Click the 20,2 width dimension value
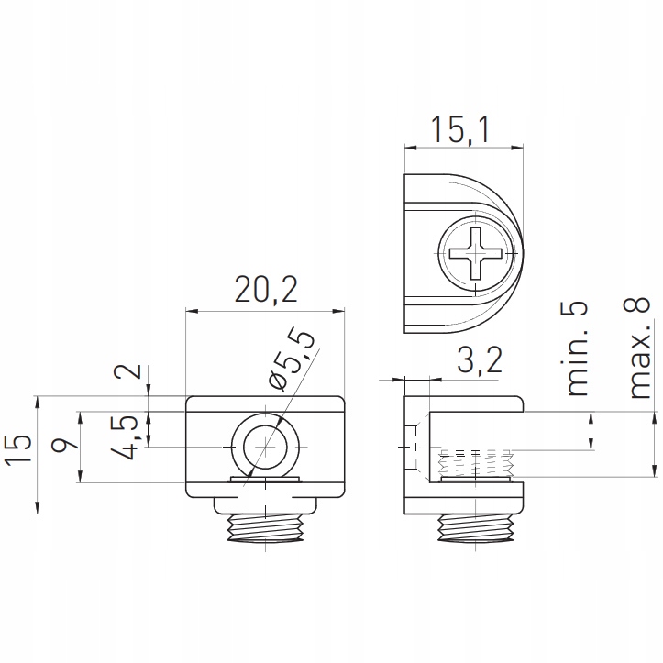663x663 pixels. pos(266,289)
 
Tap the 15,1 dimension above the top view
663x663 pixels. pos(460,130)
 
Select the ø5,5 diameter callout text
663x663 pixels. pos(292,359)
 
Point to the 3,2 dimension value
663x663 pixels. pos(480,359)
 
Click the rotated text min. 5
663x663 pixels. pos(577,348)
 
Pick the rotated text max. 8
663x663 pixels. pos(639,348)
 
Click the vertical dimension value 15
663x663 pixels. pos(18,448)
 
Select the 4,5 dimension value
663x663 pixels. pos(124,436)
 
